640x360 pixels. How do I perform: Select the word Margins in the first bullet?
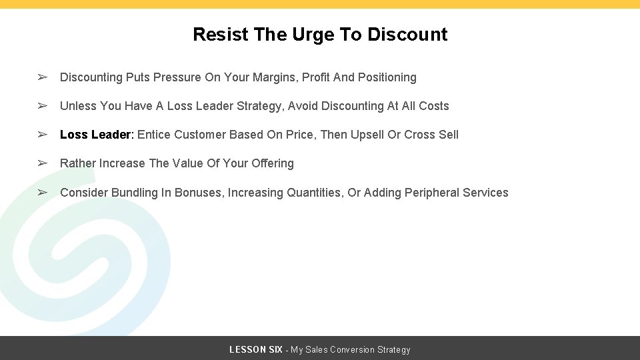point(275,77)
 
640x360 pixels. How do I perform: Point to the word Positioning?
point(387,77)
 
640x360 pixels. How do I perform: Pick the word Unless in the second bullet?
point(78,106)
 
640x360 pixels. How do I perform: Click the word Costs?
point(434,106)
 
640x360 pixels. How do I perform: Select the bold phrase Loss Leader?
point(96,135)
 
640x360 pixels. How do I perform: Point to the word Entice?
point(154,135)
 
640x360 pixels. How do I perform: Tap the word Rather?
point(78,163)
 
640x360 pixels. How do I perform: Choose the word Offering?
point(273,163)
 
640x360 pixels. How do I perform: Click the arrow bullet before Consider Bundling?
point(42,193)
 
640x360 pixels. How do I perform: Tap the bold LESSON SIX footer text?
point(256,350)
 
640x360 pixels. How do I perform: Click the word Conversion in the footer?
point(352,350)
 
